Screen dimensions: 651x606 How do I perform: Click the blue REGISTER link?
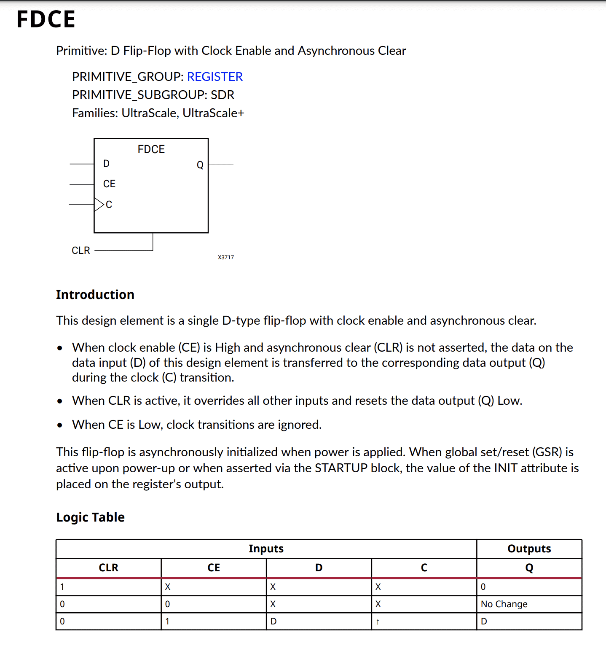click(215, 77)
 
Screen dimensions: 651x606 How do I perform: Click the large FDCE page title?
click(46, 19)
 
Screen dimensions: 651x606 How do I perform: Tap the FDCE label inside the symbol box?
click(151, 149)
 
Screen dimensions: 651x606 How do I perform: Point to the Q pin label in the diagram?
click(200, 165)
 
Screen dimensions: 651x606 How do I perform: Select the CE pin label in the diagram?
click(109, 184)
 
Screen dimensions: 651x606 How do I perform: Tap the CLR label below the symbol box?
click(81, 250)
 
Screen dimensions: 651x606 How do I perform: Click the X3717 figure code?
click(226, 257)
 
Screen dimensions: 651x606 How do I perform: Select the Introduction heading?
click(95, 295)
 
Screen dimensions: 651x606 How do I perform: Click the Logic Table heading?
click(91, 517)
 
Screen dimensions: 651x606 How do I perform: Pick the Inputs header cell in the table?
click(266, 549)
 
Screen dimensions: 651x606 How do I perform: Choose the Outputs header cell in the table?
click(529, 549)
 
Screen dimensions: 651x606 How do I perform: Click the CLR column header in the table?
click(109, 568)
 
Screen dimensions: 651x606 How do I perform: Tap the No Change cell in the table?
click(504, 604)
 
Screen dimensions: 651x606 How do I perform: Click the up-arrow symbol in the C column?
click(378, 621)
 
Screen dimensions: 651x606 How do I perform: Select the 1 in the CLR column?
click(62, 587)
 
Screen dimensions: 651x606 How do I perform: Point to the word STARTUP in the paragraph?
click(341, 468)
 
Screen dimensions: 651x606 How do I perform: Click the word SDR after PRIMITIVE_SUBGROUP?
click(223, 95)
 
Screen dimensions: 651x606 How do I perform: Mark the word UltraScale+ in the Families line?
click(213, 113)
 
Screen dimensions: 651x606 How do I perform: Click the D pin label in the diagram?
click(106, 164)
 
